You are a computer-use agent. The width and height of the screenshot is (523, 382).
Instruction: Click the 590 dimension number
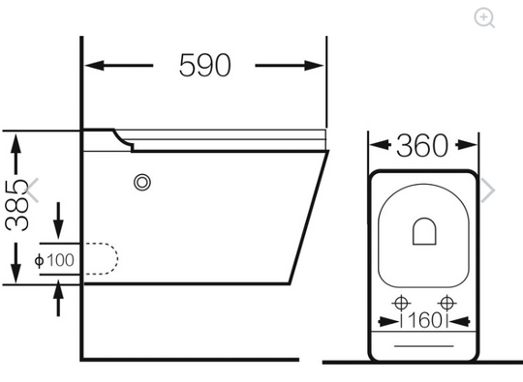[204, 65]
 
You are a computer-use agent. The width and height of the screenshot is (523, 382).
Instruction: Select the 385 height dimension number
[16, 205]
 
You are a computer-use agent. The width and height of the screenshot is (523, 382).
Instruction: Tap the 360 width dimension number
[422, 145]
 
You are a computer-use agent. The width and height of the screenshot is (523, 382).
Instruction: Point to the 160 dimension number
[424, 320]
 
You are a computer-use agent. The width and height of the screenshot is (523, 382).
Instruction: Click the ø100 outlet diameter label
[54, 260]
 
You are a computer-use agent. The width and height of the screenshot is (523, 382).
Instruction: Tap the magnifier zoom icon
[484, 17]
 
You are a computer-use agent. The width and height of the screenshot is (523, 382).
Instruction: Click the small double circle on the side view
[142, 183]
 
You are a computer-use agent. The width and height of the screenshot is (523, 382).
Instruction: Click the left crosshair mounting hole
[401, 304]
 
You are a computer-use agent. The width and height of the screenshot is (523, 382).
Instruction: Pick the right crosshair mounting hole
[446, 304]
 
